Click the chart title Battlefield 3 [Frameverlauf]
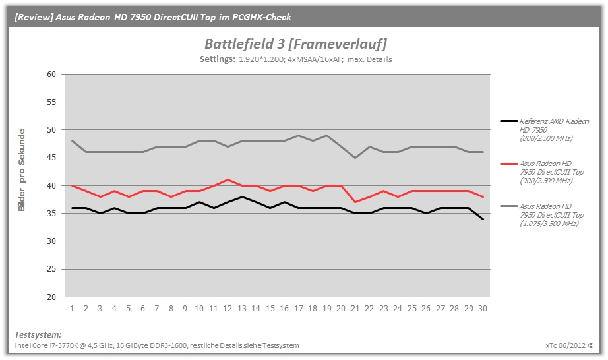[x=295, y=44]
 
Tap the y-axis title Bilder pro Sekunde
[x=22, y=170]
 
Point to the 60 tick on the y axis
[x=51, y=74]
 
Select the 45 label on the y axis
[x=51, y=158]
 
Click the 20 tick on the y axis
[x=51, y=297]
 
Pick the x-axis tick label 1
[x=72, y=309]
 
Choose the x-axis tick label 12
[x=228, y=309]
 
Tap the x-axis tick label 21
[x=355, y=309]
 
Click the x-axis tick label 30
[x=482, y=309]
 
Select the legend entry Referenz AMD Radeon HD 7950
[x=545, y=130]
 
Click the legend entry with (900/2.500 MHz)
[x=542, y=172]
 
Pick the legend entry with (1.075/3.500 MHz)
[x=542, y=215]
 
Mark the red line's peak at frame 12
[x=228, y=180]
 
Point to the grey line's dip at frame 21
[x=355, y=158]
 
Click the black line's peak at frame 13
[x=242, y=197]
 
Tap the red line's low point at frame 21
[x=355, y=202]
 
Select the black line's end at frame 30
[x=483, y=220]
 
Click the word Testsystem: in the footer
[x=38, y=335]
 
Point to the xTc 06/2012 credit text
[x=570, y=345]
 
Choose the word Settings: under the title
[x=217, y=59]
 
